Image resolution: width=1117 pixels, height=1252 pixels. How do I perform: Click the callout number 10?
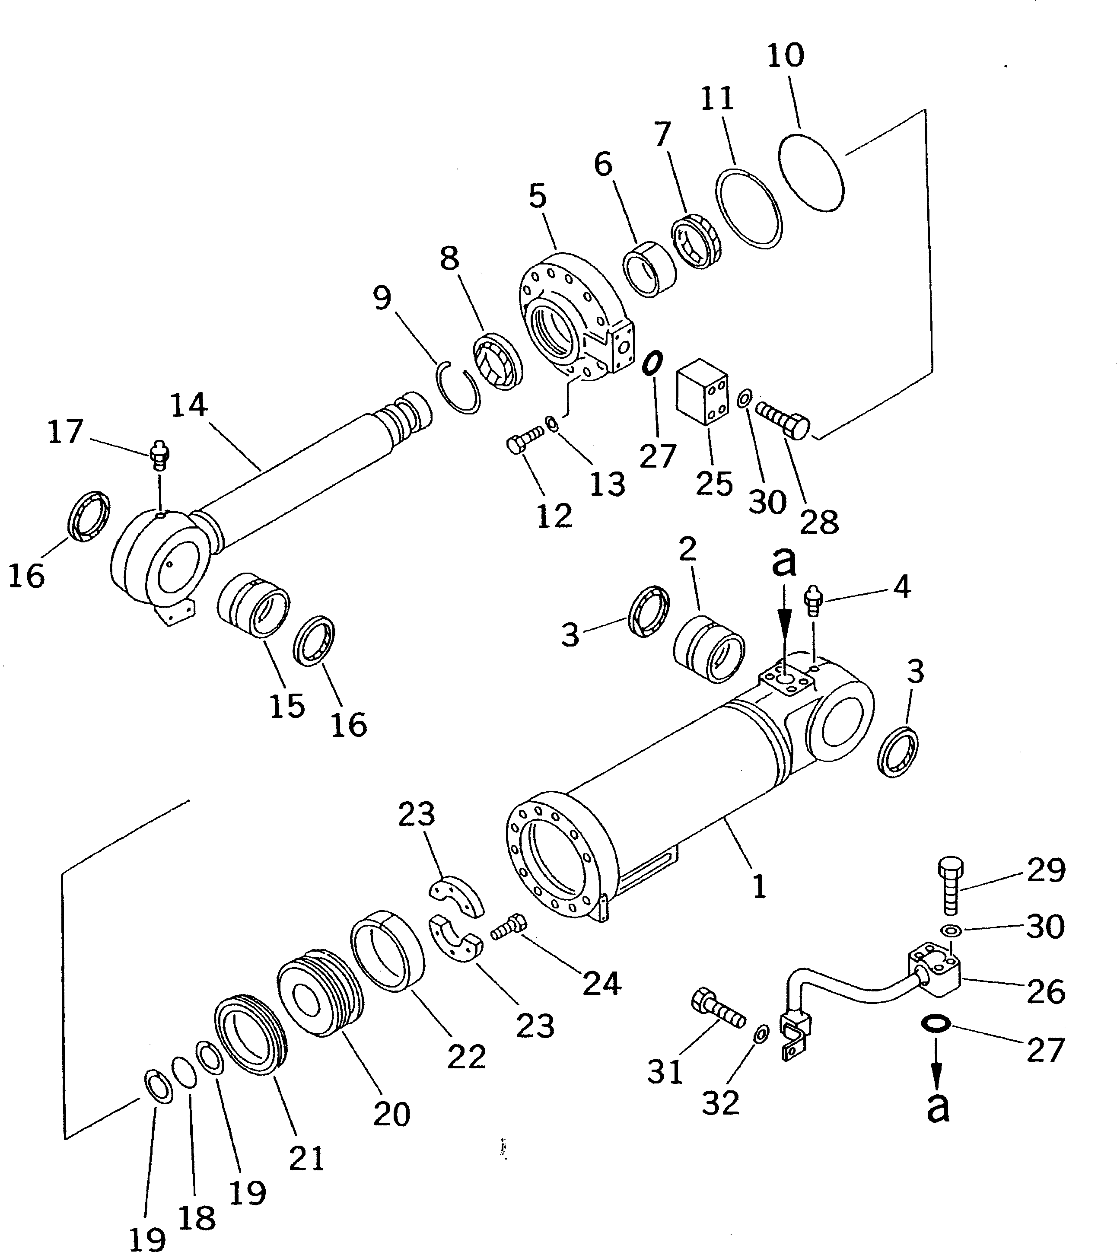point(786,56)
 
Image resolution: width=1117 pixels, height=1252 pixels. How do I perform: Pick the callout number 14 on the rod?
point(189,405)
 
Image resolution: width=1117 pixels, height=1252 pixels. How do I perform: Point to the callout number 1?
point(759,887)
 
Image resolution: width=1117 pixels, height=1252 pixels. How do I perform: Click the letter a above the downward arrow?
point(784,561)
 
